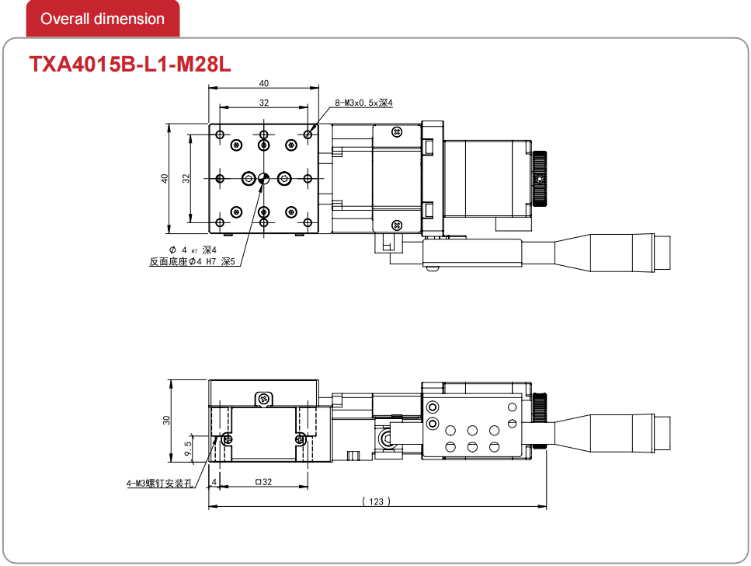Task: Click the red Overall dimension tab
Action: pos(103,19)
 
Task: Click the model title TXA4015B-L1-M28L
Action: pos(130,64)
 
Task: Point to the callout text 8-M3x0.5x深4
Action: pos(363,103)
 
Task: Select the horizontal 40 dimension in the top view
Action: pos(264,83)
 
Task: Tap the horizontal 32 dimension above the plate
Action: pos(264,103)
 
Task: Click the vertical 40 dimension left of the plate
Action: pos(165,179)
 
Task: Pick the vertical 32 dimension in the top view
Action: pos(186,179)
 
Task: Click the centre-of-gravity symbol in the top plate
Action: pos(263,179)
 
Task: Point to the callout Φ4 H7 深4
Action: pos(193,250)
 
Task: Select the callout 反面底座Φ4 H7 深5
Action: pos(193,261)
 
